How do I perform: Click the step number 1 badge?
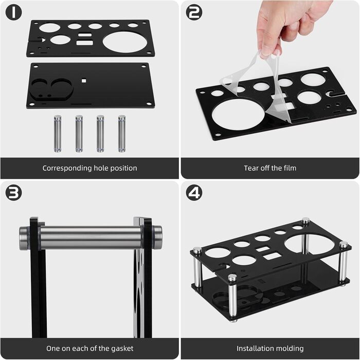tap(13, 12)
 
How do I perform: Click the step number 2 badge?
tap(194, 12)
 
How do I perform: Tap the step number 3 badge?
tap(13, 193)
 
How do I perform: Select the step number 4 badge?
tap(194, 193)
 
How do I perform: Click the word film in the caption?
tap(290, 168)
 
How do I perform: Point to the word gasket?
tap(122, 349)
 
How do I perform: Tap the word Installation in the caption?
tap(253, 349)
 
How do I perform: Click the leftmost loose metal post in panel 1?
tap(58, 134)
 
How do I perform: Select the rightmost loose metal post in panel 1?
tap(122, 134)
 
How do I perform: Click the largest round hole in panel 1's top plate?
tap(124, 42)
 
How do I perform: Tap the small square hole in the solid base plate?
tap(84, 81)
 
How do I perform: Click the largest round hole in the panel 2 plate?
tap(238, 114)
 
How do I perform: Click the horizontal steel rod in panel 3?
tap(91, 238)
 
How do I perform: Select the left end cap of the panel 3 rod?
tap(25, 238)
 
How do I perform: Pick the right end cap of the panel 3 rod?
tap(156, 238)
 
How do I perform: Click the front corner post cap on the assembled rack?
tap(232, 278)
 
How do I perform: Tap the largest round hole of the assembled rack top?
tap(307, 244)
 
